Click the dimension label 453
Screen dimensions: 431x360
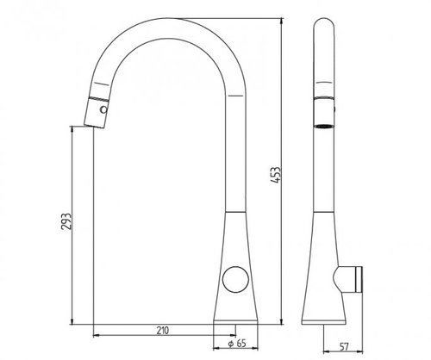(275, 175)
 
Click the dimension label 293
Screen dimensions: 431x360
(66, 221)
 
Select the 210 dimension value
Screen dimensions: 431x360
(163, 331)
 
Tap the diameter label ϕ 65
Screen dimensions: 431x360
(237, 344)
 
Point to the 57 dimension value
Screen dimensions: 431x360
(344, 347)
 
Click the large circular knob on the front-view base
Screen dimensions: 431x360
(235, 279)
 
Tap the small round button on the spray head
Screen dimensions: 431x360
(103, 109)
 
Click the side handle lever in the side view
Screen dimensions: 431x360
(348, 279)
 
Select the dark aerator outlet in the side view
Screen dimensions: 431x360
(324, 126)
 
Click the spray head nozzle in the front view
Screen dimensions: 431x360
(97, 113)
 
